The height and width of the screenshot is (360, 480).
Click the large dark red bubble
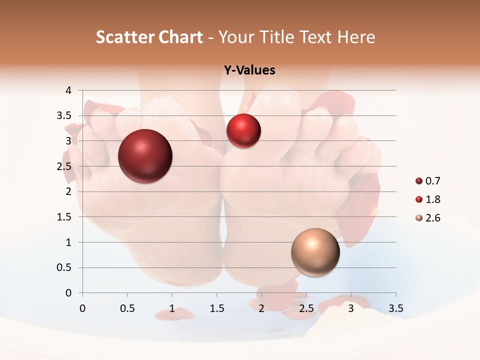[x=145, y=156]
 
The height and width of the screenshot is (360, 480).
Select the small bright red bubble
[x=243, y=131]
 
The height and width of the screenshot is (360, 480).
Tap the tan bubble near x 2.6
[x=315, y=252]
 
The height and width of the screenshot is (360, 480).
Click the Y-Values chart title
[x=249, y=70]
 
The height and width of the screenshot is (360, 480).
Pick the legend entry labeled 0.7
[x=428, y=181]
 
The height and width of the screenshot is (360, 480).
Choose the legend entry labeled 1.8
[x=428, y=199]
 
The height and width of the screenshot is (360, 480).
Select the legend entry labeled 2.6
[x=428, y=218]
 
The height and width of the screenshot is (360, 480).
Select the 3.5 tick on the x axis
[x=396, y=308]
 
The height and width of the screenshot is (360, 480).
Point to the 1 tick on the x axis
[x=172, y=308]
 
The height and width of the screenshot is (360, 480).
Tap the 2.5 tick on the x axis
[x=306, y=308]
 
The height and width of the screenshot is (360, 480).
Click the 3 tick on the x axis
[x=351, y=308]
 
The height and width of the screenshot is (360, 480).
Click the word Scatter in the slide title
[x=124, y=37]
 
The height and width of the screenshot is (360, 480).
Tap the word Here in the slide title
[x=356, y=37]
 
